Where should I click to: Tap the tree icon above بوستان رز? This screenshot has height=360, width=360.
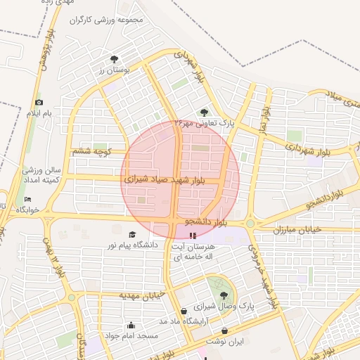114,59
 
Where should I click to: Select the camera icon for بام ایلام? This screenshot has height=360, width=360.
39,103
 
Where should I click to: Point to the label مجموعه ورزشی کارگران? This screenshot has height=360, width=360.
105,20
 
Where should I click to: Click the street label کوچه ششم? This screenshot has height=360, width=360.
92,150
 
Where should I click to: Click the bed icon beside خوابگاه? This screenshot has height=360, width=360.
27,199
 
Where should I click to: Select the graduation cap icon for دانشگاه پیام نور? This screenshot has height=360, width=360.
131,234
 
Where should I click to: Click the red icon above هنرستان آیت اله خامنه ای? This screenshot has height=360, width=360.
193,234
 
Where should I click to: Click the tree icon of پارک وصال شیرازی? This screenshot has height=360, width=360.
224,295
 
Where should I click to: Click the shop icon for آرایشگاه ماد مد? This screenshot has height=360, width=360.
184,311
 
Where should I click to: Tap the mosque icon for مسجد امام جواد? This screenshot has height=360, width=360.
131,326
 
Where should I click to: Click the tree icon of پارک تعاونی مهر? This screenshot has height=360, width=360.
205,112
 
